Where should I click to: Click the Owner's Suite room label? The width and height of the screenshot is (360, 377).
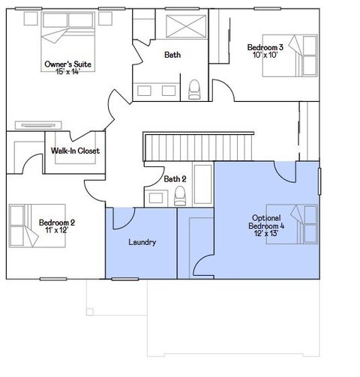pyautogui.click(x=68, y=65)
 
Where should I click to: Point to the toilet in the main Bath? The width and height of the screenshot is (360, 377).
pyautogui.click(x=195, y=89)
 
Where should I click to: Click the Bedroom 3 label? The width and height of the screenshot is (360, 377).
pyautogui.click(x=265, y=48)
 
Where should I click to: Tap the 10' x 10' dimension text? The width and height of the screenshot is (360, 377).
pyautogui.click(x=264, y=56)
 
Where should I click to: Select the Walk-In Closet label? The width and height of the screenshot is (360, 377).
pyautogui.click(x=75, y=151)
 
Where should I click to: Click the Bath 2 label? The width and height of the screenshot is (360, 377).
pyautogui.click(x=175, y=179)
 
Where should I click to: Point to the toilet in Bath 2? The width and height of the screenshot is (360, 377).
pyautogui.click(x=179, y=196)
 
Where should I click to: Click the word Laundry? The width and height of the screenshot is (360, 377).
pyautogui.click(x=142, y=242)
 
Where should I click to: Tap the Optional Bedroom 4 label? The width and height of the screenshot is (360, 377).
pyautogui.click(x=267, y=222)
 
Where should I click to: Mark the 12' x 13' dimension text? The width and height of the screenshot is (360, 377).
pyautogui.click(x=266, y=234)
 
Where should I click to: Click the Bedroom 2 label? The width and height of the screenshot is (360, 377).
pyautogui.click(x=57, y=223)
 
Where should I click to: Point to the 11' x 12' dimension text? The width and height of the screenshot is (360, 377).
pyautogui.click(x=57, y=231)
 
